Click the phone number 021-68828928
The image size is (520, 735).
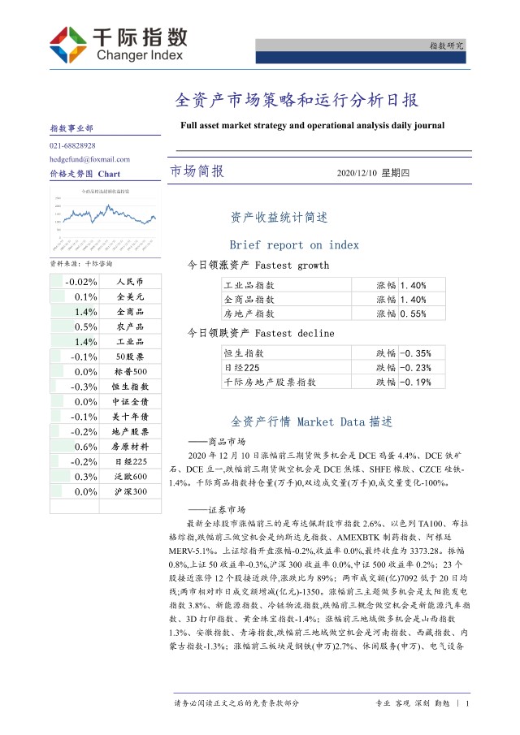click(x=72, y=145)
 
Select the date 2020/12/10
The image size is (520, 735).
click(x=357, y=173)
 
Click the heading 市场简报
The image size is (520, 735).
click(x=197, y=172)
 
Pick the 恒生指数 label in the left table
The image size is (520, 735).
click(x=130, y=387)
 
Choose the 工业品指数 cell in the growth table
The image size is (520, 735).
click(x=249, y=285)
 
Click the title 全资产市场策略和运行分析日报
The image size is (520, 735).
click(x=297, y=101)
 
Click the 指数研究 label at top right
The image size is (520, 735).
click(x=446, y=45)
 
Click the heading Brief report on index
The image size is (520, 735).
click(x=294, y=244)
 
